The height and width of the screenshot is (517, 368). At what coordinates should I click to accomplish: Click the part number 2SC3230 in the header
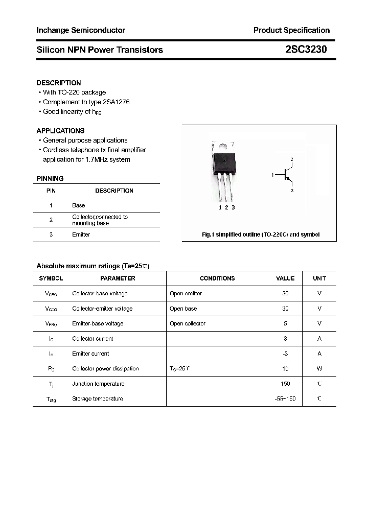tap(306, 50)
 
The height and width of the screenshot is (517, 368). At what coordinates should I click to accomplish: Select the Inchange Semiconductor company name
tap(81, 30)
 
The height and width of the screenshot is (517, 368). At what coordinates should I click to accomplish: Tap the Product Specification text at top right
tap(291, 30)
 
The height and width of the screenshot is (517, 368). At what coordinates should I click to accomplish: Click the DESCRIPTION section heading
tap(59, 83)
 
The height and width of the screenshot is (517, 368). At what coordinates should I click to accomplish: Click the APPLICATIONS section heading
tap(60, 131)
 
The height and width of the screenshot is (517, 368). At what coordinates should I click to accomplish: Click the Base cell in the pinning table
tap(79, 205)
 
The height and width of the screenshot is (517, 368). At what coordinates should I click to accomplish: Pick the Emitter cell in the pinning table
tap(81, 234)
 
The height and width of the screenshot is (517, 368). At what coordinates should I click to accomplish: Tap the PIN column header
tap(51, 191)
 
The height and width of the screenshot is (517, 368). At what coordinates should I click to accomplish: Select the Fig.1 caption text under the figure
tap(261, 234)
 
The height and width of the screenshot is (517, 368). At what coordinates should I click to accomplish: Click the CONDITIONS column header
tap(217, 278)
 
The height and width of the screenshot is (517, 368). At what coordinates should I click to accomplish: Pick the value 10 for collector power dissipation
tap(285, 368)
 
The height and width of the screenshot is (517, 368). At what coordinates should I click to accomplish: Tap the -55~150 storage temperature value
tap(285, 398)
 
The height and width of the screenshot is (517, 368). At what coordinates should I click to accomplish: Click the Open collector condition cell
tap(188, 323)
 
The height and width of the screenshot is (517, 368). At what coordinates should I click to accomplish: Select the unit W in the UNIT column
tap(319, 368)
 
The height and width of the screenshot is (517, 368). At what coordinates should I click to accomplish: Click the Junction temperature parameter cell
tap(98, 384)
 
